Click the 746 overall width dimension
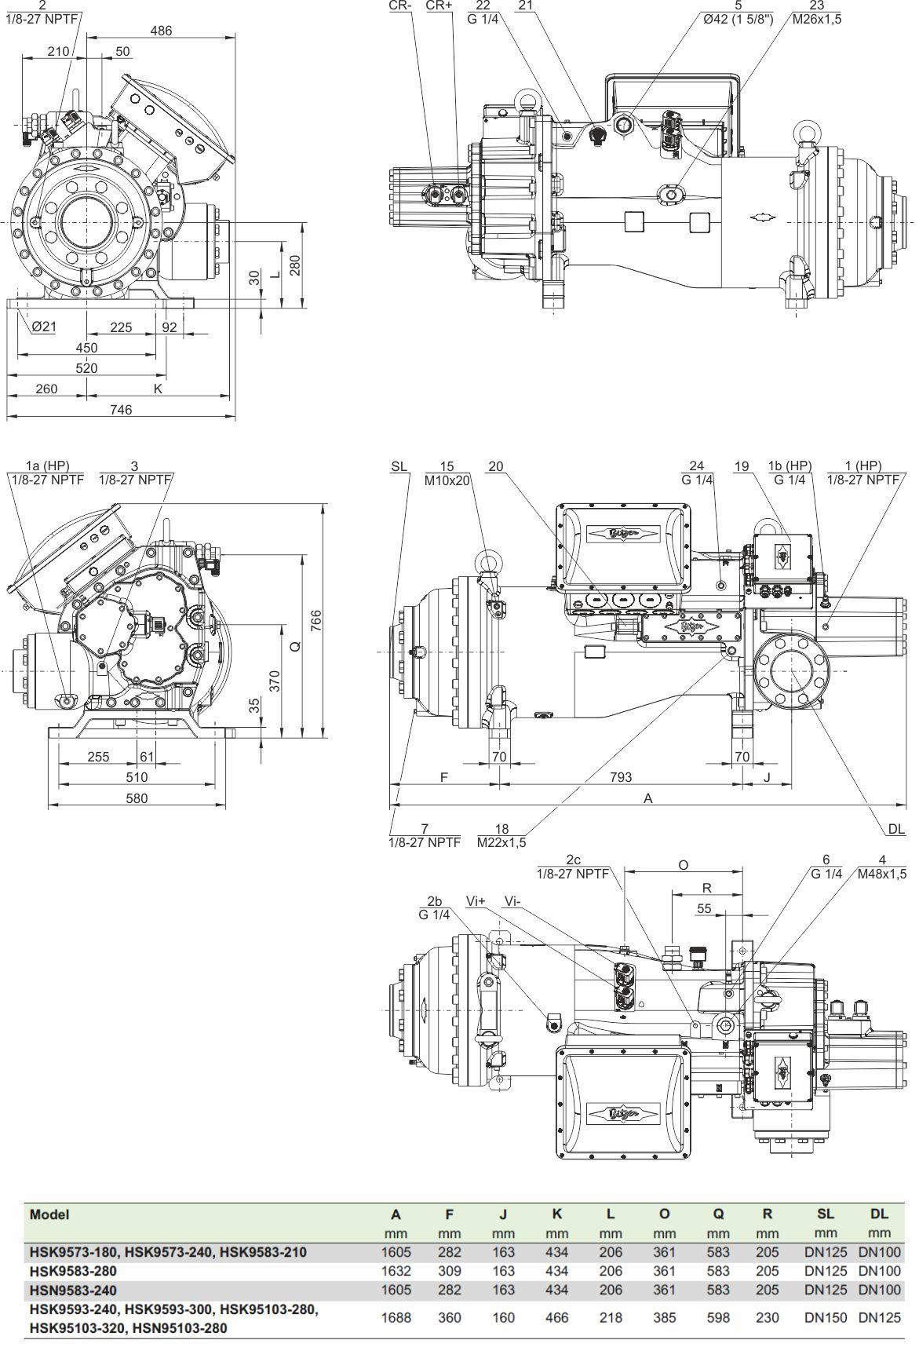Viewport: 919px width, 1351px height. coord(121,410)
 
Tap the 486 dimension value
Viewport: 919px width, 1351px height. coord(161,31)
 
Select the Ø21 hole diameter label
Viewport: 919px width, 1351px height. coord(44,327)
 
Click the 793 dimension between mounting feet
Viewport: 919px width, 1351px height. coord(620,777)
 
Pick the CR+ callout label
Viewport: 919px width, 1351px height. coord(439,6)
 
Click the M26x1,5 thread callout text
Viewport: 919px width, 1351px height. coord(816,19)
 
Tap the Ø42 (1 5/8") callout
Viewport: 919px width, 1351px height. coord(738,19)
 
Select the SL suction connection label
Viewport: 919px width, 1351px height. coord(399,466)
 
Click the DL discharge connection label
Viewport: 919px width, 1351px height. coord(896,829)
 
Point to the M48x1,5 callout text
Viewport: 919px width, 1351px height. coord(881,874)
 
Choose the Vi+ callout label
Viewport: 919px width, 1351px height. coord(476,901)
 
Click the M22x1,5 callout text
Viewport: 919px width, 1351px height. coord(501,842)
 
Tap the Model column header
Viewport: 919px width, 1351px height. coord(49,1214)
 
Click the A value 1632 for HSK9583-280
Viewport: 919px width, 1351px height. coord(396,1271)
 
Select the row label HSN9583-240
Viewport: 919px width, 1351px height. coord(73,1290)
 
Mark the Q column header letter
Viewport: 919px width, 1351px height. coord(717,1214)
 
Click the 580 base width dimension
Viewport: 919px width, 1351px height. coord(137,798)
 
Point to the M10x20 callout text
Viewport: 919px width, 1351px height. coord(447,480)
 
